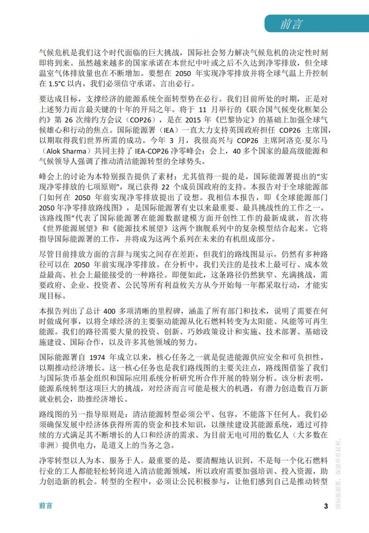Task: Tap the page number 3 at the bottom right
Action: pos(326,506)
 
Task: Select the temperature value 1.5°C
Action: pos(56,84)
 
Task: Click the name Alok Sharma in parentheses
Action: pos(66,151)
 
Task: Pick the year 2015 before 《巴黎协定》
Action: pos(193,120)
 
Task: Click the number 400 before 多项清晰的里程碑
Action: pos(110,311)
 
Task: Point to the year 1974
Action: pos(97,358)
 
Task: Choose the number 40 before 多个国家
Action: pos(237,151)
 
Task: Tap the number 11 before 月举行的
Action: pos(203,110)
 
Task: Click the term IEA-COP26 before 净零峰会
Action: pos(152,151)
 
